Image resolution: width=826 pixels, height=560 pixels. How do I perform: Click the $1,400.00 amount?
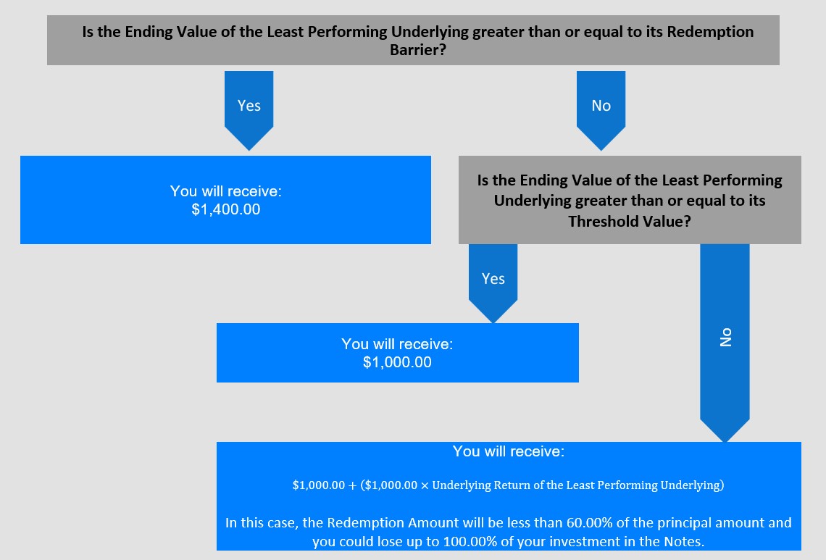tap(225, 209)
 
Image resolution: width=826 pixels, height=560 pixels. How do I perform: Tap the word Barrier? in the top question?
tap(418, 49)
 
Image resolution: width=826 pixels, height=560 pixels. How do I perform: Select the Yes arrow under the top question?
tap(249, 111)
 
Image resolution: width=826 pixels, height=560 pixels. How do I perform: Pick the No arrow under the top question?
tap(601, 111)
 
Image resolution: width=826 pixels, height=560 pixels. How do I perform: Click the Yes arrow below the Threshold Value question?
tap(493, 283)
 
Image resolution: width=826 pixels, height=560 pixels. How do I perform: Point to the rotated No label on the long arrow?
tap(725, 337)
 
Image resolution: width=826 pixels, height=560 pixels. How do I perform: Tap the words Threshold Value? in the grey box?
tap(630, 221)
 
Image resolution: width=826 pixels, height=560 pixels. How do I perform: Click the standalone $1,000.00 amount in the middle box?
tap(397, 362)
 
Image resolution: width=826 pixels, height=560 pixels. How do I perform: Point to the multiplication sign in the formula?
tap(425, 485)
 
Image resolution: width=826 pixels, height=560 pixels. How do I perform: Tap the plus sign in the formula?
tap(352, 485)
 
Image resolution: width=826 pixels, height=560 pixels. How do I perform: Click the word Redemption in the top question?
tap(710, 32)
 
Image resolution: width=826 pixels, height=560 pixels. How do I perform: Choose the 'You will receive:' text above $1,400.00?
tap(225, 191)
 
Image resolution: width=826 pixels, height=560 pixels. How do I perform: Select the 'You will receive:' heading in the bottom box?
tap(509, 451)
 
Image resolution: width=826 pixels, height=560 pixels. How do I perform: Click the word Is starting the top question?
tap(88, 32)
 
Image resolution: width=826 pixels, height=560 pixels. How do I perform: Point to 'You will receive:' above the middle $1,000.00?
tap(397, 343)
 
